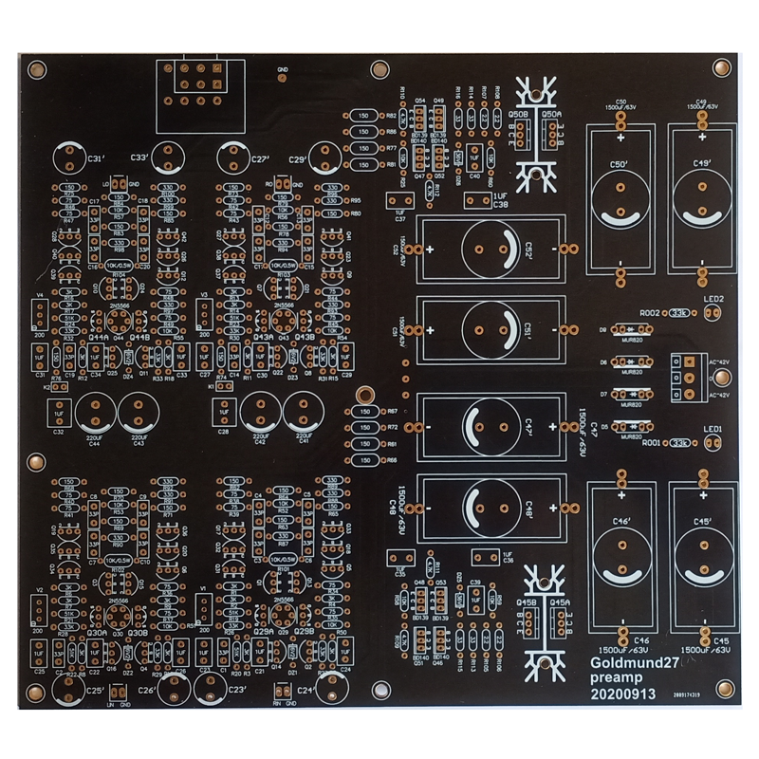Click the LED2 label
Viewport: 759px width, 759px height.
tap(713, 299)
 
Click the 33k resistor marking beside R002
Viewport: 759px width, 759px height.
tap(678, 312)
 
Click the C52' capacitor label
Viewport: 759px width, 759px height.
tap(532, 248)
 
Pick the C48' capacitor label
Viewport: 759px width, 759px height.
tap(530, 504)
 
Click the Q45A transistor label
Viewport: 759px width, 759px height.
tap(560, 602)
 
